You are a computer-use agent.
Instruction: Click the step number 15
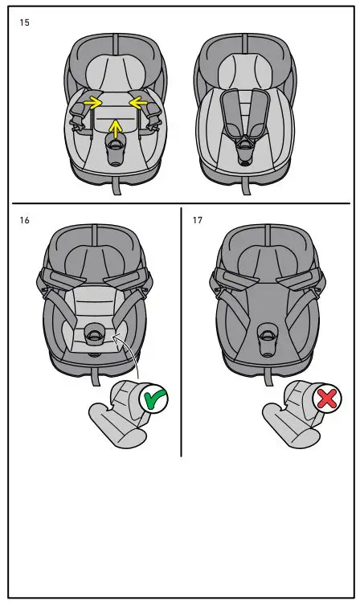coord(24,23)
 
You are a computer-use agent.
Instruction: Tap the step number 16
coord(24,219)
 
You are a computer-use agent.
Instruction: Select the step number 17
coord(197,219)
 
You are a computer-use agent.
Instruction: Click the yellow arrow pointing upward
coord(117,127)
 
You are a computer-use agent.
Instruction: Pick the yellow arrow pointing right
coord(92,102)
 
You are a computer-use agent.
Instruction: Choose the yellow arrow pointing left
coord(140,102)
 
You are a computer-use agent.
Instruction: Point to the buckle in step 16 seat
coord(94,332)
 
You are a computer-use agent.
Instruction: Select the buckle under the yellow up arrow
coord(117,145)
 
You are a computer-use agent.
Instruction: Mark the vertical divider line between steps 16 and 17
coord(181,329)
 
